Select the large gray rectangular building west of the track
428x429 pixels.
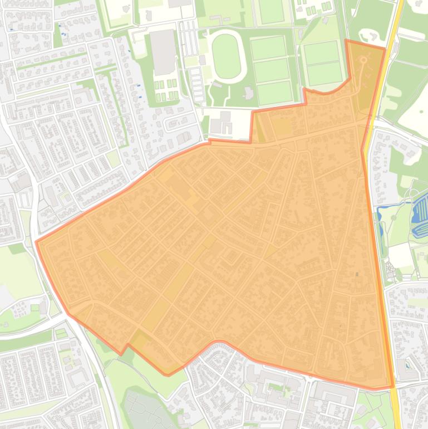[x=163, y=52]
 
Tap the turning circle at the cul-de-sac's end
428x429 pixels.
[x=363, y=60]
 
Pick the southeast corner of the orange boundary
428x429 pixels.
[x=392, y=386]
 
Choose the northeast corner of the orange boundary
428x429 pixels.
[x=385, y=49]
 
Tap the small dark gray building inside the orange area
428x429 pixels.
[x=357, y=274]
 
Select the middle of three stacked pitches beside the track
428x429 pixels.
[x=272, y=70]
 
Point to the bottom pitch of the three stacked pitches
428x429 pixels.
[x=274, y=92]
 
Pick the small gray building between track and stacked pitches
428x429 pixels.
[x=249, y=92]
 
